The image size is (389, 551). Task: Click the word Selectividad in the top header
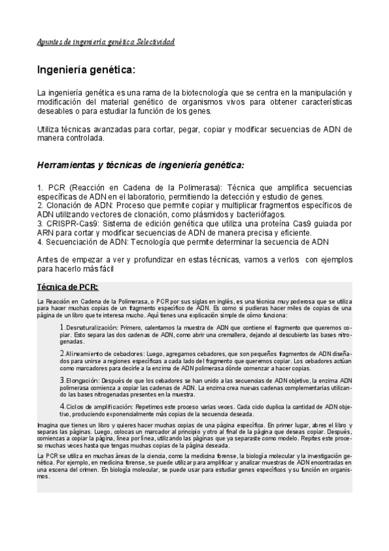155,42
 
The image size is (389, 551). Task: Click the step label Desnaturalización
90,328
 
